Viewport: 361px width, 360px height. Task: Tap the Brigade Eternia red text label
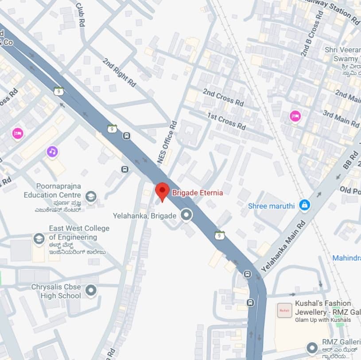(197, 193)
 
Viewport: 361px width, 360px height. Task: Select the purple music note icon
(52, 152)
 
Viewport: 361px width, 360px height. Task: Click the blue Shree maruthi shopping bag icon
(304, 205)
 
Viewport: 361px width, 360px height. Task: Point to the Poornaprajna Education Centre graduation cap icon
(91, 196)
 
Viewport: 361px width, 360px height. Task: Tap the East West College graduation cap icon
(39, 239)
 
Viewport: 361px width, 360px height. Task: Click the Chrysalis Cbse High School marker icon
(91, 291)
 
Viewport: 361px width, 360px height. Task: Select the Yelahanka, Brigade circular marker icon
(187, 215)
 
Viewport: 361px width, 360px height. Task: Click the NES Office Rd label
(167, 143)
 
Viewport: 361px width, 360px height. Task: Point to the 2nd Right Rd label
(119, 72)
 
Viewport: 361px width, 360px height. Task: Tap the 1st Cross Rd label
(226, 121)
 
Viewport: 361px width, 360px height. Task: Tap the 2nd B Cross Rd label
(310, 38)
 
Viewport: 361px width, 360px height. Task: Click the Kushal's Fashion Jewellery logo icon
(284, 310)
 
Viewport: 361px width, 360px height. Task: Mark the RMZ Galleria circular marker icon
(313, 348)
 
